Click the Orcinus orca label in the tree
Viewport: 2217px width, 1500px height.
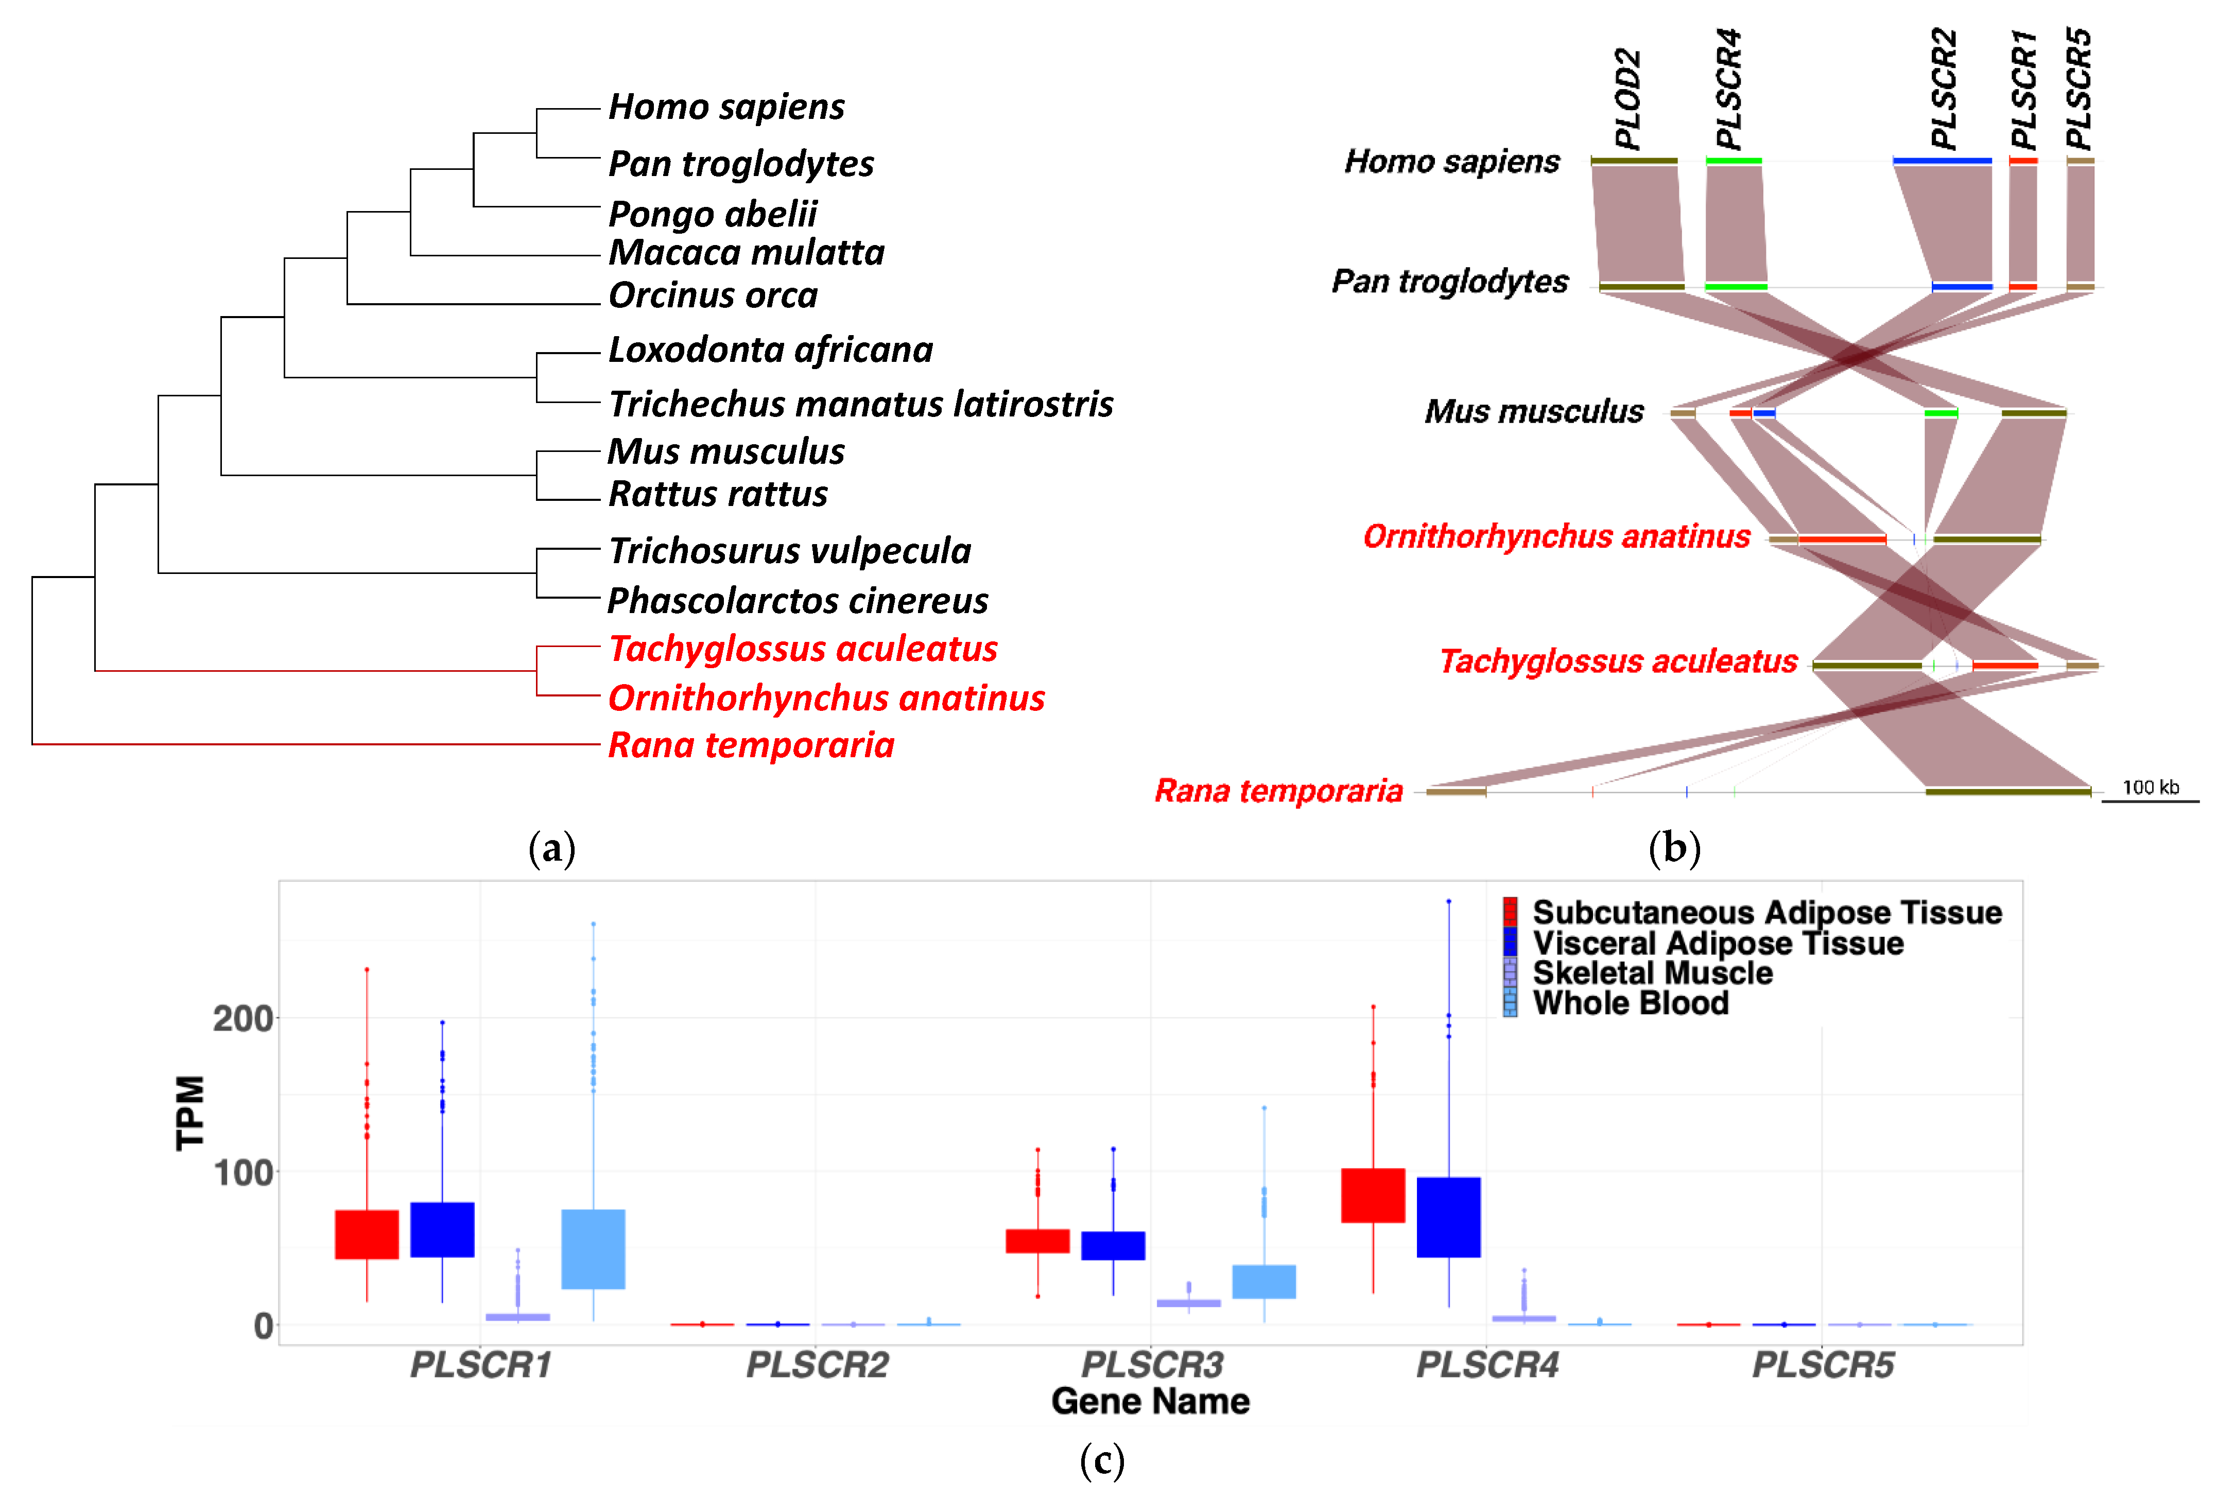pyautogui.click(x=713, y=295)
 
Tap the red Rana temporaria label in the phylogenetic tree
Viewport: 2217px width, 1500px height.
pyautogui.click(x=751, y=745)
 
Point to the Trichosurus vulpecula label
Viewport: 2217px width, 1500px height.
pyautogui.click(x=789, y=551)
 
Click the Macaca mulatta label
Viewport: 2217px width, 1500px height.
pyautogui.click(x=746, y=253)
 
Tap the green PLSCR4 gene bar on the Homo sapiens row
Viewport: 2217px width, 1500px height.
pyautogui.click(x=1734, y=161)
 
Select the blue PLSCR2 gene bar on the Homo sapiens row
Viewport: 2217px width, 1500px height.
pyautogui.click(x=1942, y=161)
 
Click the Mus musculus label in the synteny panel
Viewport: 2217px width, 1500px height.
pyautogui.click(x=1534, y=412)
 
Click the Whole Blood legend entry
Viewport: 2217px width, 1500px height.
pyautogui.click(x=1631, y=1003)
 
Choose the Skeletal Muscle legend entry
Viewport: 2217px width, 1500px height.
pyautogui.click(x=1652, y=973)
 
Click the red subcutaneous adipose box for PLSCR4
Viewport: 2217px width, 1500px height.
pyautogui.click(x=1373, y=1195)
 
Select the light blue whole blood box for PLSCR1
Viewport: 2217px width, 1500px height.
pyautogui.click(x=593, y=1249)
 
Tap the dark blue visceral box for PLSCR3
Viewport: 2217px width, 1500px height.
pyautogui.click(x=1113, y=1245)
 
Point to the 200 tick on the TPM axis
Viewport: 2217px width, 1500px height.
pyautogui.click(x=243, y=1018)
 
